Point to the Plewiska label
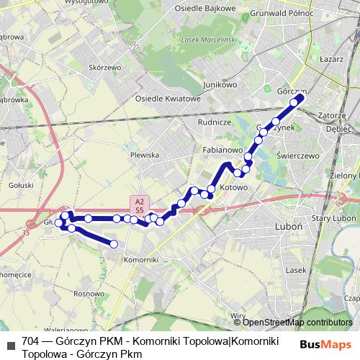coord(144,155)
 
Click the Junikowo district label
coord(220,84)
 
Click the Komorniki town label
coord(140,258)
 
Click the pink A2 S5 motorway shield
coord(140,204)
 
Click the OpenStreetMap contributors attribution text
coord(297,322)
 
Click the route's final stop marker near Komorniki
coord(114,244)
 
